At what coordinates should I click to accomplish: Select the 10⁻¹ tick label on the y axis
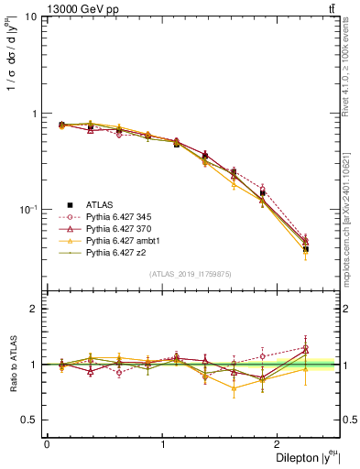tap(27, 210)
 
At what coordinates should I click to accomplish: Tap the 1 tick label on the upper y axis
tap(34, 115)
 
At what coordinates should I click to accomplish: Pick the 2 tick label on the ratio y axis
tap(34, 309)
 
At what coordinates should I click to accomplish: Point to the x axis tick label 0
tap(47, 444)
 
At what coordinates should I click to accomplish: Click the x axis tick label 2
tap(280, 444)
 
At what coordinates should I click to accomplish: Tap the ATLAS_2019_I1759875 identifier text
tap(191, 274)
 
